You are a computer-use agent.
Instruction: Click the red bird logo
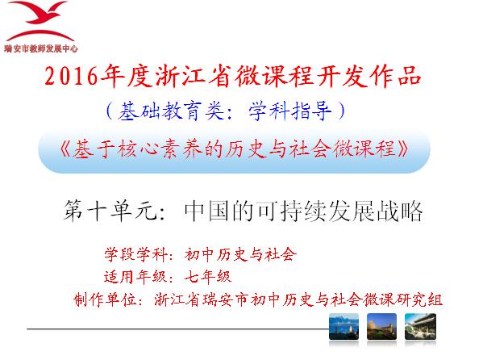pos(40,21)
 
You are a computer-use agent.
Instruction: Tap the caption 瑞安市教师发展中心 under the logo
pos(40,48)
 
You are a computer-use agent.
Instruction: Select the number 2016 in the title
pos(72,76)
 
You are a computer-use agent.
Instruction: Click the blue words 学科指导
pos(289,111)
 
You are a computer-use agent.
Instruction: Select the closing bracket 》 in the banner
pos(402,149)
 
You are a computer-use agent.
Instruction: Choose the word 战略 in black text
pos(399,211)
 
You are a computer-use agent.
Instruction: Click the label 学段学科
pos(135,255)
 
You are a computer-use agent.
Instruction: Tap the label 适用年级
pos(135,276)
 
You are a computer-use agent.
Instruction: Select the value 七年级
pos(208,276)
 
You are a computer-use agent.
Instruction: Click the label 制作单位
pos(105,299)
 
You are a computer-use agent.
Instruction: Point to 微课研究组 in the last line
pos(403,299)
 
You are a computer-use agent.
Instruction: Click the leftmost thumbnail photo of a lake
pos(344,326)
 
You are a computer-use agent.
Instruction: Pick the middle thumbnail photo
pos(381,326)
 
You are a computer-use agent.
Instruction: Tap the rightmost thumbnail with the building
pos(420,326)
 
